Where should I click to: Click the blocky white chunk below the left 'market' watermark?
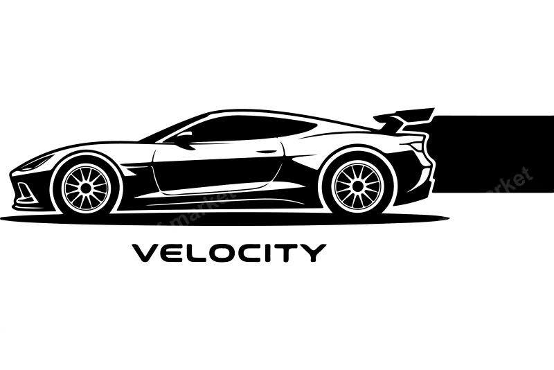coord(158,234)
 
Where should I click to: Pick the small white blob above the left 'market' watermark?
coord(227,187)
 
